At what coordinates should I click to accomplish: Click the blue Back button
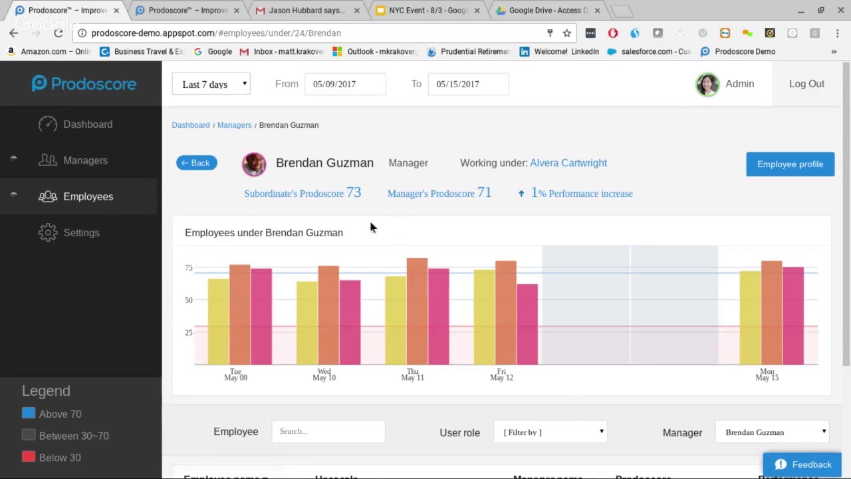[x=197, y=163]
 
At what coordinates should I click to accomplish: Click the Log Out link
[x=806, y=84]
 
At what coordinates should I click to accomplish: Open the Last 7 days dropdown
[x=211, y=84]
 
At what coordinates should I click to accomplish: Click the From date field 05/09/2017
[x=345, y=84]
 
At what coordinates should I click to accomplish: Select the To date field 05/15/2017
[x=468, y=84]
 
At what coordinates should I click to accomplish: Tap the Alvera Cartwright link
[x=568, y=163]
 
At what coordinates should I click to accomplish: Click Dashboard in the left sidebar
[x=88, y=124]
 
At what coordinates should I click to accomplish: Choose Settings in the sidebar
[x=81, y=233]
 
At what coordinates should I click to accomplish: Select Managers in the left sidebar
[x=85, y=160]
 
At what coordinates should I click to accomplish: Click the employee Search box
[x=328, y=432]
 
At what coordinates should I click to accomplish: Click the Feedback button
[x=802, y=465]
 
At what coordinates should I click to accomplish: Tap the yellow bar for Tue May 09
[x=218, y=321]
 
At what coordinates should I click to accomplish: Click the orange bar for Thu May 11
[x=417, y=311]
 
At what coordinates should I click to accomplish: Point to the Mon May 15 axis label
[x=767, y=375]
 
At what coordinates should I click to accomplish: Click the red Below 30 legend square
[x=29, y=457]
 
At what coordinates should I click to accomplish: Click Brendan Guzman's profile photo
[x=254, y=164]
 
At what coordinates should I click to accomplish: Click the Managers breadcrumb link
[x=234, y=125]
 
